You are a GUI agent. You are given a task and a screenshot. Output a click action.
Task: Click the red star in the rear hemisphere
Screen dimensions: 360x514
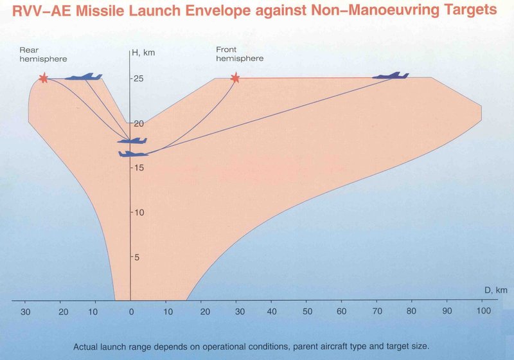coord(43,78)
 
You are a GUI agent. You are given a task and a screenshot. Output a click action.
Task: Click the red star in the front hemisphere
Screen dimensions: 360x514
coord(235,78)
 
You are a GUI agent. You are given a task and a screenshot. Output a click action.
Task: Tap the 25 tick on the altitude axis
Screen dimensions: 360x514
coord(137,79)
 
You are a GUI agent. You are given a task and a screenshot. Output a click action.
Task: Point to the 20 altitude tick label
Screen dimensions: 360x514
coord(137,123)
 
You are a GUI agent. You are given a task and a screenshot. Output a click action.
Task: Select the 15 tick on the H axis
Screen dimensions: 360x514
coord(137,168)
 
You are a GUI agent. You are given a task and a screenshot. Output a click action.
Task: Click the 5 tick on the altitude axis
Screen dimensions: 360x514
coord(136,257)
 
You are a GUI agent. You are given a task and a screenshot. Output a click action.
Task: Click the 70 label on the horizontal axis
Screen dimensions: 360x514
coord(377,311)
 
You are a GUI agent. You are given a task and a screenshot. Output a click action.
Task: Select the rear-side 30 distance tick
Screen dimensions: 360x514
coord(25,311)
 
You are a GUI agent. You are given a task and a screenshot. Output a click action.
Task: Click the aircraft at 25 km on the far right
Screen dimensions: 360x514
coord(391,76)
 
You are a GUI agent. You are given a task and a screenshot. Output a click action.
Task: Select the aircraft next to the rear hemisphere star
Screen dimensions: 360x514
coord(84,77)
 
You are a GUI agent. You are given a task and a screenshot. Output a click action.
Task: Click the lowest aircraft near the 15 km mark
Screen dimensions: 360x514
coord(133,153)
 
